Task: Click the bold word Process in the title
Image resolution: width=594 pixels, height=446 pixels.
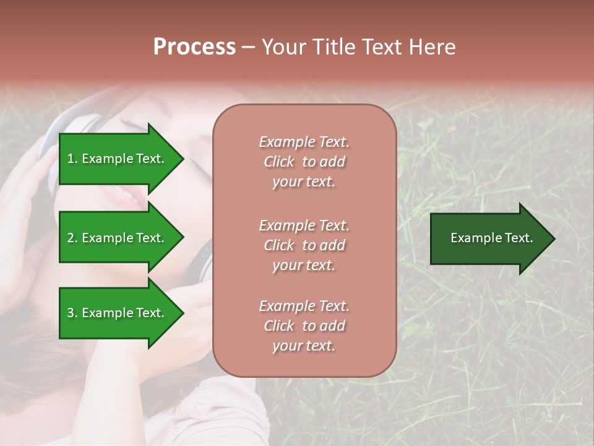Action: pyautogui.click(x=194, y=47)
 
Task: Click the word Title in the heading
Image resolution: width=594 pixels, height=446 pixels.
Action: pyautogui.click(x=333, y=47)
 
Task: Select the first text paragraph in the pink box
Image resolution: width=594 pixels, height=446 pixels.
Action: pyautogui.click(x=304, y=162)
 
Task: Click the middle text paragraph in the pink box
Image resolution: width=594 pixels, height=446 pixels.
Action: pyautogui.click(x=304, y=245)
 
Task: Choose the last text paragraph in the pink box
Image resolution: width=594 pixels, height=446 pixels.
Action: pyautogui.click(x=304, y=326)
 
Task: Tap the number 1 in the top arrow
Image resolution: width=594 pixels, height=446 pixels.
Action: pyautogui.click(x=71, y=159)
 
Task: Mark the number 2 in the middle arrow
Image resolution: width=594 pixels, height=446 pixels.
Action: pyautogui.click(x=71, y=238)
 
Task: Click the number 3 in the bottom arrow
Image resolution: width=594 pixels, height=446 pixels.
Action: pyautogui.click(x=71, y=313)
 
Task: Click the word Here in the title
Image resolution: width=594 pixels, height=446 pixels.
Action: pyautogui.click(x=433, y=47)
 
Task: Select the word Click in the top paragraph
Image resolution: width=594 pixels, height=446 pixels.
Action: pyautogui.click(x=279, y=162)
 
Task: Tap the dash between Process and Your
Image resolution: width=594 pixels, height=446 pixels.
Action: pyautogui.click(x=249, y=48)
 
